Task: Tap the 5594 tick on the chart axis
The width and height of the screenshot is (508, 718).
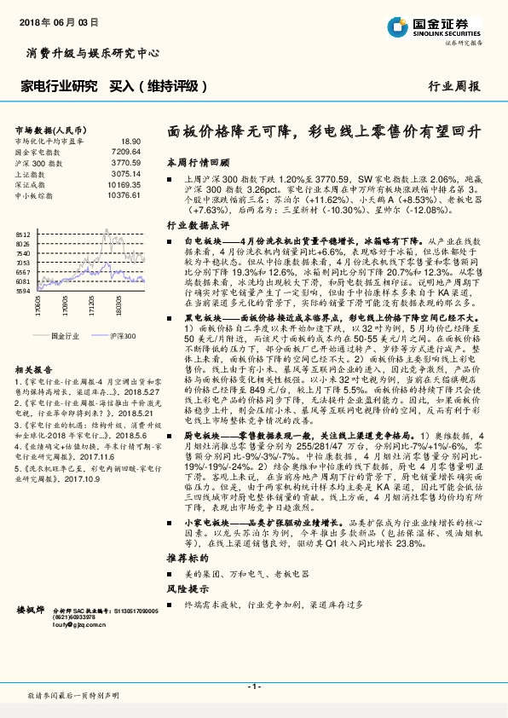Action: (x=23, y=291)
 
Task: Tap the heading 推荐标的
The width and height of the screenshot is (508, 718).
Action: (x=188, y=556)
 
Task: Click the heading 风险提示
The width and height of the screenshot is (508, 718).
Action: (x=188, y=588)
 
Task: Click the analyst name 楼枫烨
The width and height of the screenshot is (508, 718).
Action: (x=32, y=611)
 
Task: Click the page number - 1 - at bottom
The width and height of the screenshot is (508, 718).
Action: (x=253, y=686)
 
